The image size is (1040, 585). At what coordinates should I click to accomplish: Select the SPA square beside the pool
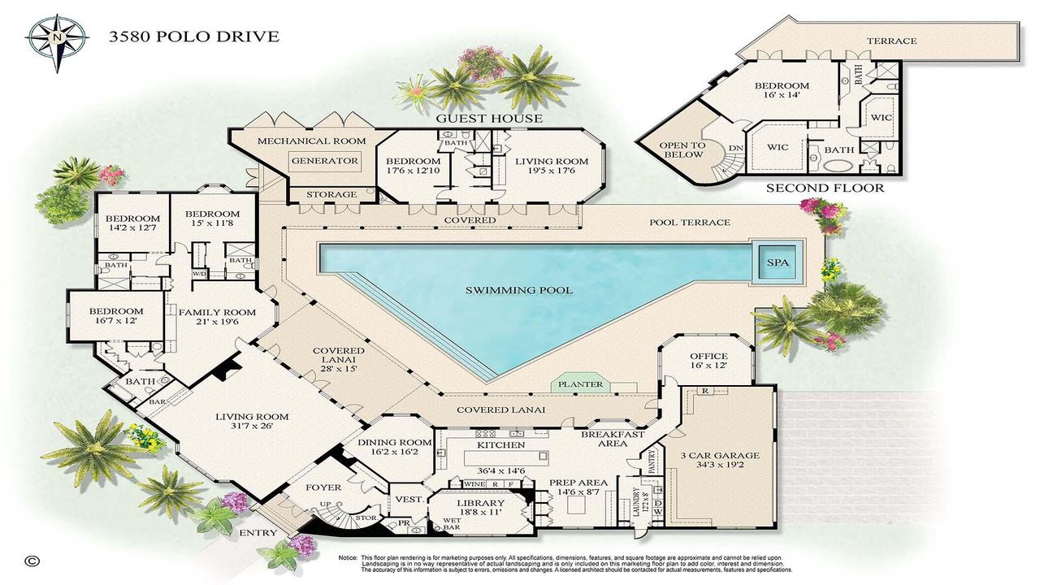[778, 262]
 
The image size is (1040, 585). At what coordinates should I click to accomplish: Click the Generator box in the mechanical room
[325, 161]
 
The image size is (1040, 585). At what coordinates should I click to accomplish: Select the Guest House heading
[489, 119]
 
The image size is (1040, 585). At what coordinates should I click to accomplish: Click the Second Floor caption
[825, 188]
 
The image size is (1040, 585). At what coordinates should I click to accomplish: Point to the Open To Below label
[682, 150]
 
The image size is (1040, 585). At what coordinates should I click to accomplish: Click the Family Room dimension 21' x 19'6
[216, 323]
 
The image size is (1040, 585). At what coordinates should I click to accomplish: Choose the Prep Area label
[578, 483]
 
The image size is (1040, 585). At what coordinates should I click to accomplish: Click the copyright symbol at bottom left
[32, 561]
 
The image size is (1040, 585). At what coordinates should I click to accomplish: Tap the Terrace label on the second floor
[891, 41]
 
